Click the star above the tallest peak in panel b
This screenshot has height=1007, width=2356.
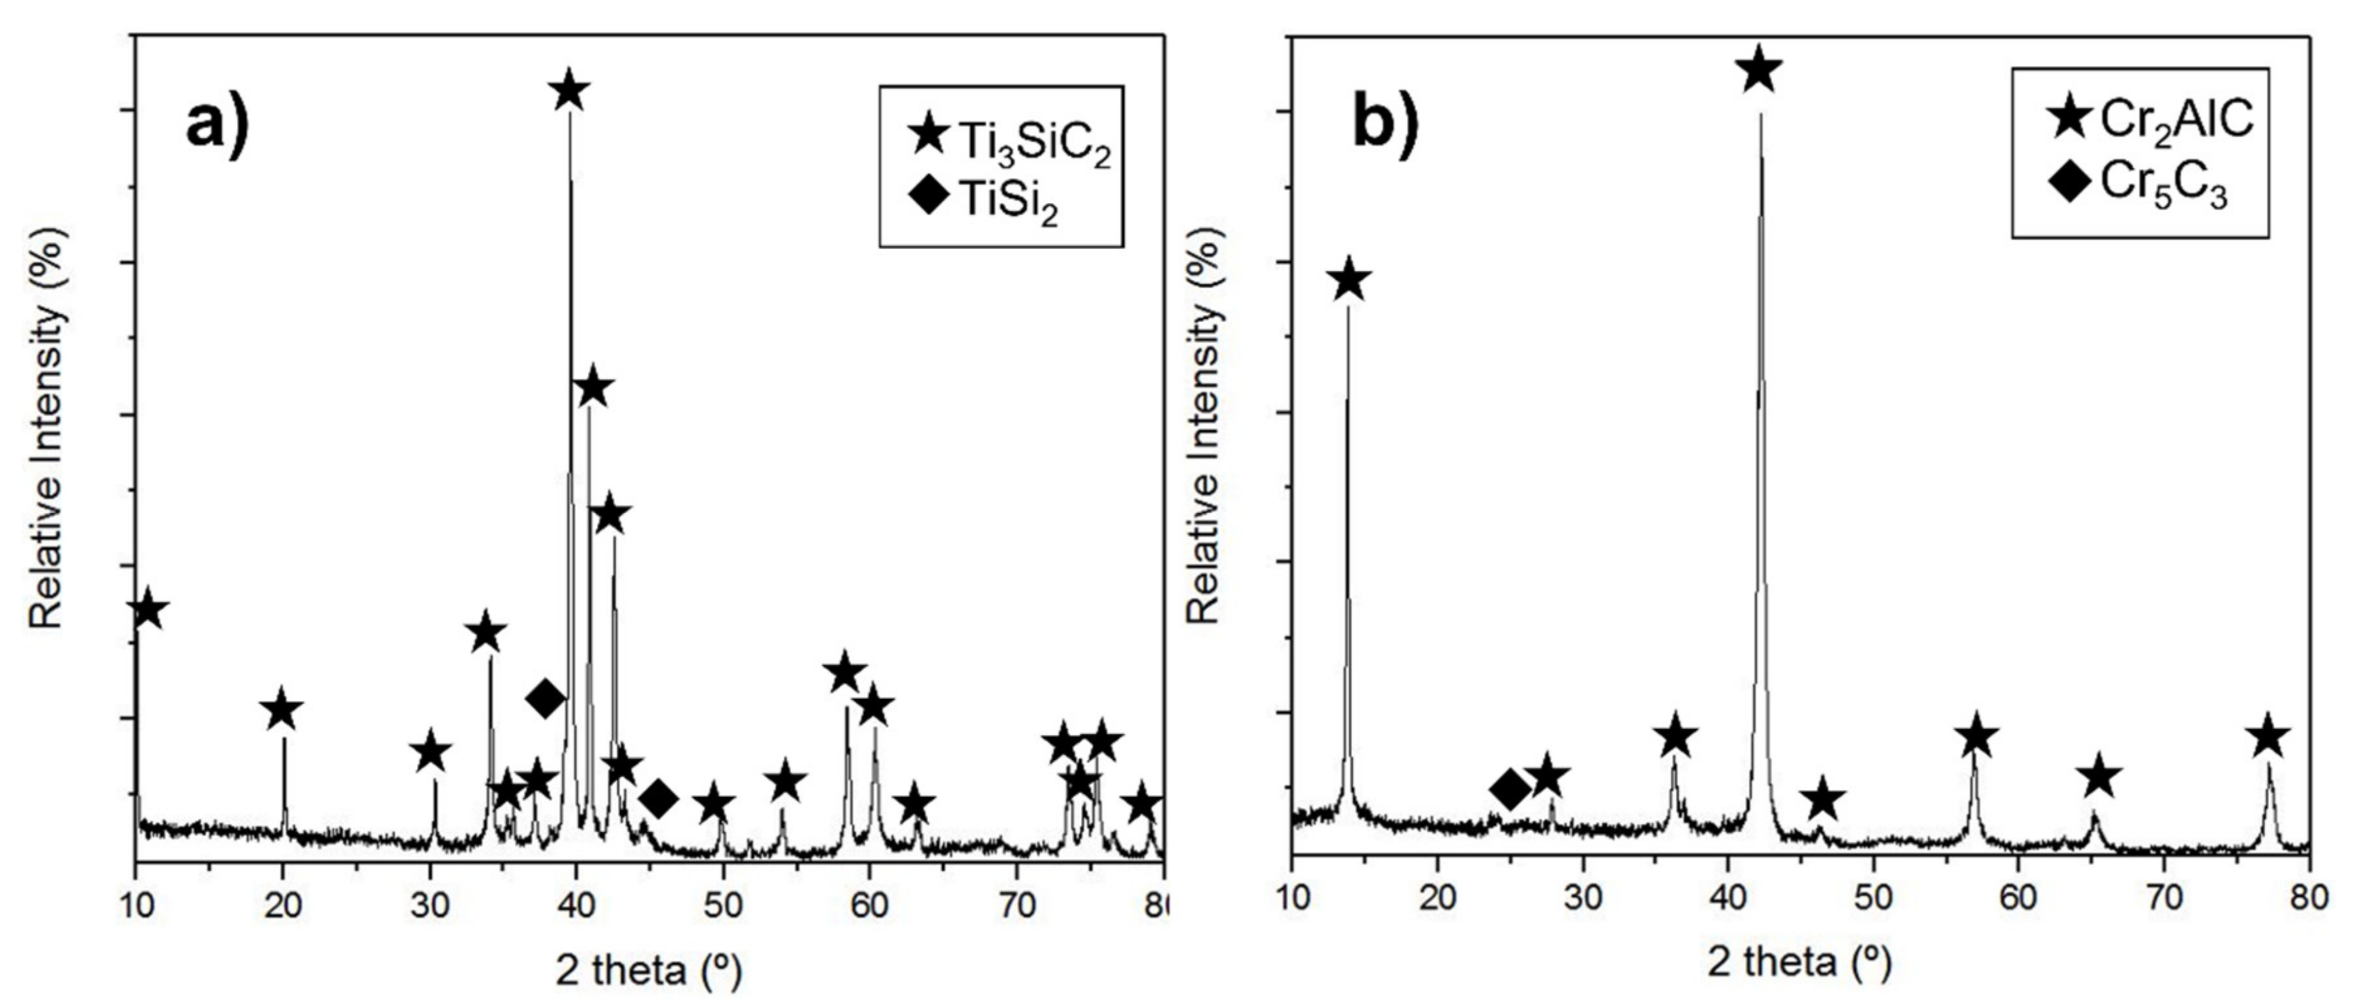coord(1759,70)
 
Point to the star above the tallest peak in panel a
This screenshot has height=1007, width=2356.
coord(569,91)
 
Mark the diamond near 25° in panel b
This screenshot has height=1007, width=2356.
coord(1510,789)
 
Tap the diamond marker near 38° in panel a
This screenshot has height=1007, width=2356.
coord(546,699)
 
